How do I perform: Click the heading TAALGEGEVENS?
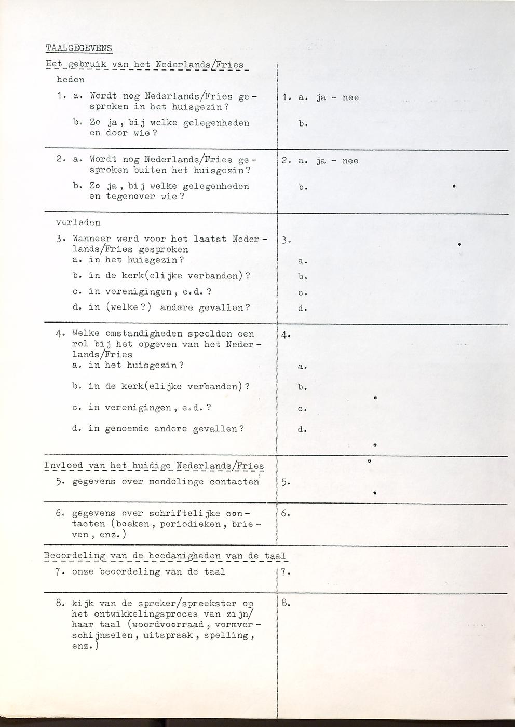point(78,48)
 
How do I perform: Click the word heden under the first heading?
point(70,80)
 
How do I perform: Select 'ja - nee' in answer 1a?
point(337,97)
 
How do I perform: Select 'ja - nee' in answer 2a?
point(337,161)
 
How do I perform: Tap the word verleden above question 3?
point(78,222)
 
